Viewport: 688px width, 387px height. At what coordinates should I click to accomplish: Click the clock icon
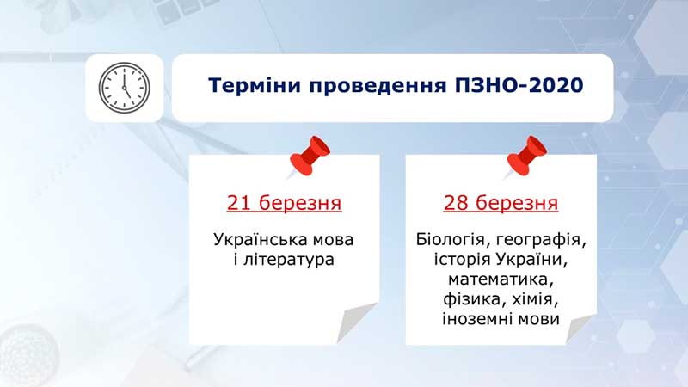pyautogui.click(x=124, y=88)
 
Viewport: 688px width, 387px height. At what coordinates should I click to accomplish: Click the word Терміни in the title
pyautogui.click(x=255, y=85)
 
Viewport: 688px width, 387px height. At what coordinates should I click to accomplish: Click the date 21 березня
pyautogui.click(x=284, y=203)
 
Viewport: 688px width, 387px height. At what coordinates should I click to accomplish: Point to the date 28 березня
pyautogui.click(x=501, y=203)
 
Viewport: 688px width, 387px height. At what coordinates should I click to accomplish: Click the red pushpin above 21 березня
pyautogui.click(x=310, y=157)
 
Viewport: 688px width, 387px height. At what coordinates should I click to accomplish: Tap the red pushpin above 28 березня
pyautogui.click(x=526, y=157)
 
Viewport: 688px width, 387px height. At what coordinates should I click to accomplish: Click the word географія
pyautogui.click(x=541, y=241)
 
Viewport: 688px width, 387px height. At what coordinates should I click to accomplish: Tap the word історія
pyautogui.click(x=463, y=260)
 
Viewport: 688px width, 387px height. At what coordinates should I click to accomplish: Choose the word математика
pyautogui.click(x=501, y=279)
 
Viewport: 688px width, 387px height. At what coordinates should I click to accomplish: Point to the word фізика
pyautogui.click(x=471, y=299)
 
